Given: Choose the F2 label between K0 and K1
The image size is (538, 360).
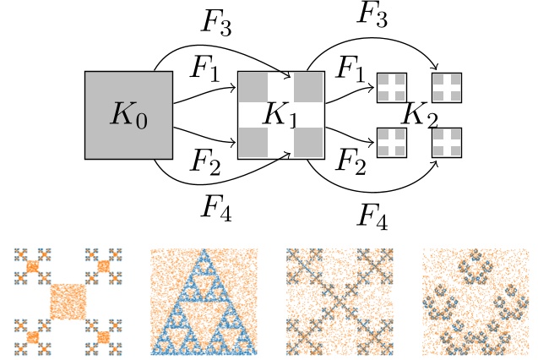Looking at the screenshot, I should tap(205, 161).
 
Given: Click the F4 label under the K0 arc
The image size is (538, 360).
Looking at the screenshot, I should tap(216, 205).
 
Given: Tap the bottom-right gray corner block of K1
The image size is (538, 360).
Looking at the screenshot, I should tap(309, 142).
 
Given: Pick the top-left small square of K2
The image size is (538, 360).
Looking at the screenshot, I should tap(391, 87).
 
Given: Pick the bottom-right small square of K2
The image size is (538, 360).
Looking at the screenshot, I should tap(448, 142).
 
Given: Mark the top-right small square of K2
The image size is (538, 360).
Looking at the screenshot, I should tap(448, 87).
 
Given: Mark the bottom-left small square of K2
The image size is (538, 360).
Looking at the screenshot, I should tap(391, 142).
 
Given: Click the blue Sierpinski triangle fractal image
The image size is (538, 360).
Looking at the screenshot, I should tap(201, 301).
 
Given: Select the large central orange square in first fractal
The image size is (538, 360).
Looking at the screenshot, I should tap(68, 301).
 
